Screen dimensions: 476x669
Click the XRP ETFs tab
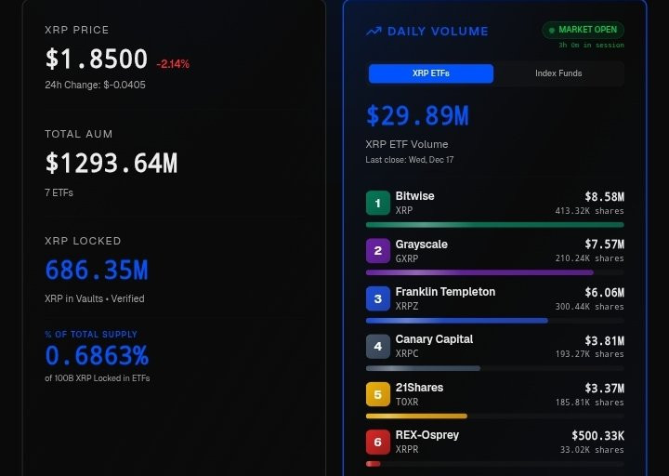[x=430, y=73]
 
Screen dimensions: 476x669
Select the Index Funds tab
[x=558, y=73]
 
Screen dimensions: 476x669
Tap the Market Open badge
[x=583, y=30]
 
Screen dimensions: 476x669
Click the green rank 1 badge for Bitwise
[x=378, y=203]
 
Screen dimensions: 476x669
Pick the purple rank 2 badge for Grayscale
[x=378, y=251]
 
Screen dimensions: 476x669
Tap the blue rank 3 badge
[x=378, y=298]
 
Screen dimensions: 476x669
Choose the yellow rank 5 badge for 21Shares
[x=378, y=394]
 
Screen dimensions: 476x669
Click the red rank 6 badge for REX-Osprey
[x=378, y=442]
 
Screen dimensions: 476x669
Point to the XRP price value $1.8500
[x=96, y=59]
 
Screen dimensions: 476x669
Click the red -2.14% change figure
[x=174, y=64]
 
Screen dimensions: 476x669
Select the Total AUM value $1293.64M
[x=111, y=164]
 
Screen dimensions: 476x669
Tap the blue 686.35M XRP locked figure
[x=96, y=271]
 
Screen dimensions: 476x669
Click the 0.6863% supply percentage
[x=96, y=356]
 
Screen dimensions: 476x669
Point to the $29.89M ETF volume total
[x=416, y=116]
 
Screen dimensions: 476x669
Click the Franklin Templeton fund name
[x=445, y=292]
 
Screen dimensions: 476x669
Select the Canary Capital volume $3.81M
[x=604, y=340]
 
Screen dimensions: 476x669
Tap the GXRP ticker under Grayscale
[x=407, y=258]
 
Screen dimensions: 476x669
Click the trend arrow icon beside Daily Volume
[x=374, y=31]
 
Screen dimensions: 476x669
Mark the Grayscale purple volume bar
[x=479, y=272]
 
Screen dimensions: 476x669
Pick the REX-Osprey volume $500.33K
[x=597, y=435]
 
